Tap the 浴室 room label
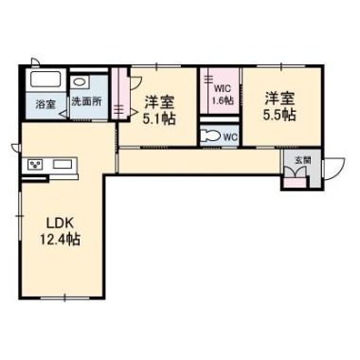coord(45,104)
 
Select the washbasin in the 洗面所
coord(78,82)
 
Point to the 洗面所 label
coord(87,101)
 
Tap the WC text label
coord(230,137)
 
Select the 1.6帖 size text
coord(223,100)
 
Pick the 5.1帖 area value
coord(159,119)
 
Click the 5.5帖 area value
coord(279,115)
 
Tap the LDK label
coord(60,224)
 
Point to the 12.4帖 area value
coord(60,240)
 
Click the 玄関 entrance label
coord(303,160)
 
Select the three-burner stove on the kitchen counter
coord(35,165)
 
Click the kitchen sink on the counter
coord(63,164)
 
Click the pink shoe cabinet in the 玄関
coord(295,183)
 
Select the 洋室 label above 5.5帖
coord(279,99)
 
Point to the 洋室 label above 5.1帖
coord(159,102)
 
